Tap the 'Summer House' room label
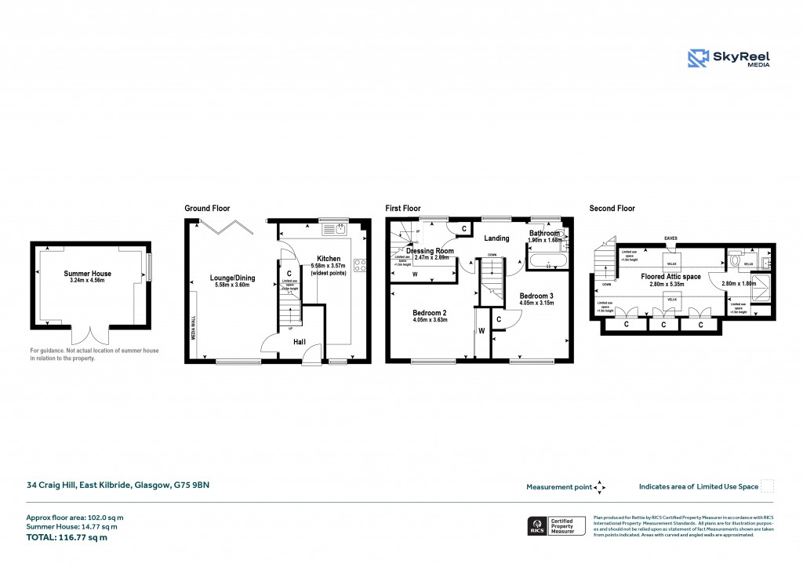(x=87, y=274)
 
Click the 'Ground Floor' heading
(x=207, y=209)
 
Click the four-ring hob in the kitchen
(x=361, y=265)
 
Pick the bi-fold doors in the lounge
(x=227, y=226)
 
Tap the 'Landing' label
(x=496, y=238)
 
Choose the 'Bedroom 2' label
(x=428, y=311)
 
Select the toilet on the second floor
(x=733, y=258)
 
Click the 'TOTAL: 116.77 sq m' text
(x=67, y=537)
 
